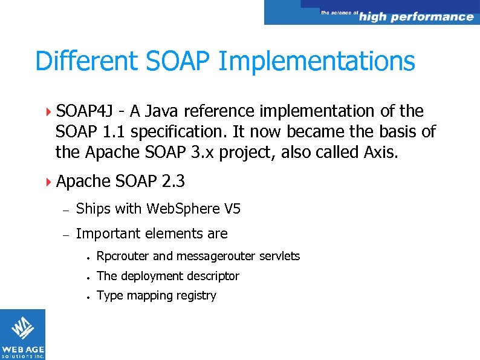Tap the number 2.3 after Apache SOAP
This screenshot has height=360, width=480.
coord(172,181)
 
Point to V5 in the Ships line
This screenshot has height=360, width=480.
coord(232,209)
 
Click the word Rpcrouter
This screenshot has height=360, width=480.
coord(123,257)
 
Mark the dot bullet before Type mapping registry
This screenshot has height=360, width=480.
coord(88,296)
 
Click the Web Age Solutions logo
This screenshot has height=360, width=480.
coord(22,335)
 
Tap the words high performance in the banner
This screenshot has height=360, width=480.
coord(416,17)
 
